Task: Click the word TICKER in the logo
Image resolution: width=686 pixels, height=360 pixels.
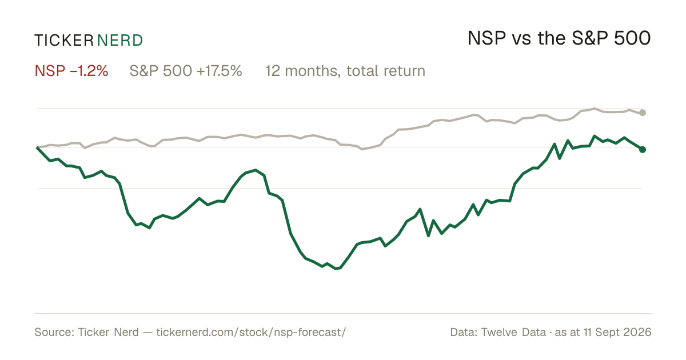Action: coord(64,41)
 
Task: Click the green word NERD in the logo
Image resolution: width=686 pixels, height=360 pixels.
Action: coord(119,41)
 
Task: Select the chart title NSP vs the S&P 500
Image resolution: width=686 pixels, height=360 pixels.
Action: coord(559,38)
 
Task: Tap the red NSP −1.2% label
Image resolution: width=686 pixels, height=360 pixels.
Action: coord(71,71)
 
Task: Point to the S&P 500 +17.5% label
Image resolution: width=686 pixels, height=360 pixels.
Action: coord(186,71)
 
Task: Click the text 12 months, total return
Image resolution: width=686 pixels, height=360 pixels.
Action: coord(345,71)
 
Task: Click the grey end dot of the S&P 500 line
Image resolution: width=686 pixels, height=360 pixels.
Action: coord(643,113)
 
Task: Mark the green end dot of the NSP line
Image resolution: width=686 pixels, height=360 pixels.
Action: coord(643,149)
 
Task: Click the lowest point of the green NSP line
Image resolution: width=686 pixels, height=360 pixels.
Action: coord(336,269)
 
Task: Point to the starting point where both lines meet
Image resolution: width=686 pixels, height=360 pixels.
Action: coord(37,147)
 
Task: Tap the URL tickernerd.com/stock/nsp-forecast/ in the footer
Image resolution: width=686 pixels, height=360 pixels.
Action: coord(251,332)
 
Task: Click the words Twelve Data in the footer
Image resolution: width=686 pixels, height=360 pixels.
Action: coord(513,332)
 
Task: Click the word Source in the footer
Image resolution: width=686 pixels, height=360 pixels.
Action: coord(53,332)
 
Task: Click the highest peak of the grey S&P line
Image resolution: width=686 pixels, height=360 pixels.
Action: coord(595,109)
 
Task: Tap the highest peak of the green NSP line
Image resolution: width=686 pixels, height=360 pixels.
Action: coord(595,135)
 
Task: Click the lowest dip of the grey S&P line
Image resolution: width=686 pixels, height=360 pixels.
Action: coord(362,149)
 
